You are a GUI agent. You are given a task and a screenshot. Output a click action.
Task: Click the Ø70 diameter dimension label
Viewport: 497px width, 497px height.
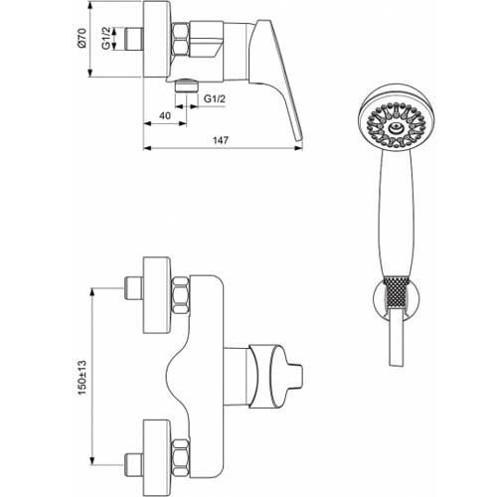(82, 38)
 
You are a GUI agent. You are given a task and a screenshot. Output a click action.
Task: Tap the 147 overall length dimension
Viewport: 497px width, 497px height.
(221, 140)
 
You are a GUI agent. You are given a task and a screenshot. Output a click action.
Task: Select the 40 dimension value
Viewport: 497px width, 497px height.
(165, 115)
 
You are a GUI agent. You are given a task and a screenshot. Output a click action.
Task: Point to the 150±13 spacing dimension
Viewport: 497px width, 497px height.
(82, 377)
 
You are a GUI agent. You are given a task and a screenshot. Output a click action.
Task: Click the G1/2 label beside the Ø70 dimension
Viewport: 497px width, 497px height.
(105, 39)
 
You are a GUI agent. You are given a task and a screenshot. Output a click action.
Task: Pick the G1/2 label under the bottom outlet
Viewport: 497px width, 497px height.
(215, 98)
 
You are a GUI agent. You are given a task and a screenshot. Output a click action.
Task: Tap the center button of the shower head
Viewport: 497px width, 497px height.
(397, 126)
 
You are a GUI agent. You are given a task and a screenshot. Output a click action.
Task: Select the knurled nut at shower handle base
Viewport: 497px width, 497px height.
(397, 293)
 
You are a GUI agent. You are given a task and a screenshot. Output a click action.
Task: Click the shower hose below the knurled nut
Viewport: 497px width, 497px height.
(397, 337)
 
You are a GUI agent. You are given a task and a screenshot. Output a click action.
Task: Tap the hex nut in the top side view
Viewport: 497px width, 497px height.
(181, 39)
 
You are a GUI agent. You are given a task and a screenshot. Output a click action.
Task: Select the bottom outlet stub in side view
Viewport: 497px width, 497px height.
(186, 85)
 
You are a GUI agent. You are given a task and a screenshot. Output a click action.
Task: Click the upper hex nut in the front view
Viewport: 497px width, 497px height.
(181, 295)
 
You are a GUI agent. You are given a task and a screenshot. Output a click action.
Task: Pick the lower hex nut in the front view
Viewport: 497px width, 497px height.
(181, 456)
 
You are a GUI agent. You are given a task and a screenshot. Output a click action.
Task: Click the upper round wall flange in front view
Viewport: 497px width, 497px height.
(157, 294)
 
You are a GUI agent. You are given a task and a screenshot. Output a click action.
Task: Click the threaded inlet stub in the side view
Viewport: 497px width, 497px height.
(134, 39)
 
